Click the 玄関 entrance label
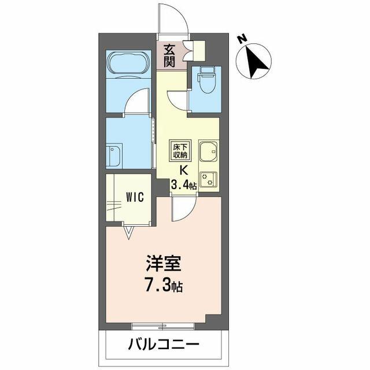[169, 55]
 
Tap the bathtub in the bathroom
[128, 64]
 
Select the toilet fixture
[207, 80]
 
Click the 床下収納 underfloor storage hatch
[180, 151]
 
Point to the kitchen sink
[209, 152]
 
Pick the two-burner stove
[209, 179]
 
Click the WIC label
[135, 197]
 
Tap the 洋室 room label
[163, 263]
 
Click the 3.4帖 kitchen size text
[184, 185]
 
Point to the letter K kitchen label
[184, 171]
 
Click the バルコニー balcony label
[164, 345]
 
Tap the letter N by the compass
[242, 39]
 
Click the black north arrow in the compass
[256, 62]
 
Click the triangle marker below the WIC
[128, 233]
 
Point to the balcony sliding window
[163, 327]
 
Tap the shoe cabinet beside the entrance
[199, 51]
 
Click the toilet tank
[207, 71]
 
